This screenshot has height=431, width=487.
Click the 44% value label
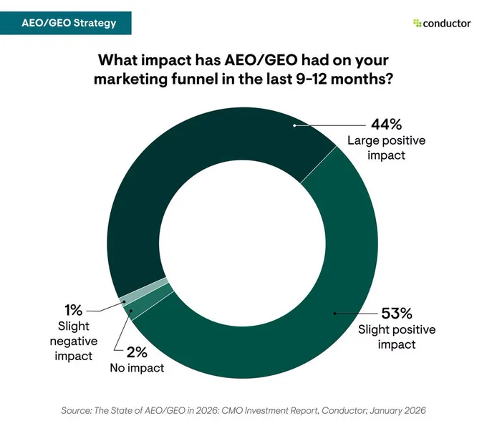tap(386, 125)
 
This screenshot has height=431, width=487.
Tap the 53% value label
tap(397, 314)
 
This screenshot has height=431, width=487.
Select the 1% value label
tap(73, 310)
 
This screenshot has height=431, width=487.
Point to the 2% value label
tap(137, 352)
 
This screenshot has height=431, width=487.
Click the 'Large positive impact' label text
tap(386, 147)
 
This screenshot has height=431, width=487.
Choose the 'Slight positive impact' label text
tap(397, 337)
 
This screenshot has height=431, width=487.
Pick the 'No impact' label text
tap(137, 368)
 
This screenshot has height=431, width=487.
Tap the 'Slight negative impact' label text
tap(74, 341)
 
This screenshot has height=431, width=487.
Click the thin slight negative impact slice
tap(143, 291)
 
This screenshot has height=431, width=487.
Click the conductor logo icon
tap(417, 23)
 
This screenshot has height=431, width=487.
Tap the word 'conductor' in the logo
tap(447, 24)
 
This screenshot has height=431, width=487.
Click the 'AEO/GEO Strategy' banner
tap(66, 23)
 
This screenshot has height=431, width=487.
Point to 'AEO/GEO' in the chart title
tap(261, 60)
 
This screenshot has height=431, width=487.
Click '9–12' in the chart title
tap(312, 79)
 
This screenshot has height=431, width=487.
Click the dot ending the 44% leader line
tap(294, 125)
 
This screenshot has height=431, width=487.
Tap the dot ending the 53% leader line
tap(335, 314)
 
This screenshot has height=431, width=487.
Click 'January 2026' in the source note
tap(398, 410)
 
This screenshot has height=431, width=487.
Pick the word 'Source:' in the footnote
tap(77, 410)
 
